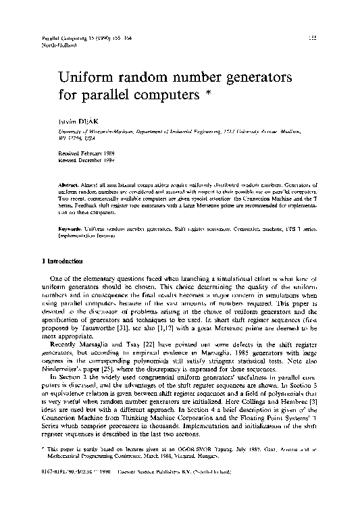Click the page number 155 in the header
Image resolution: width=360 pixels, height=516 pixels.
[x=312, y=38]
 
